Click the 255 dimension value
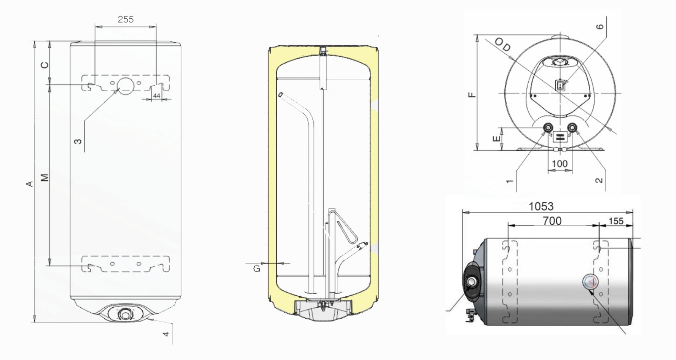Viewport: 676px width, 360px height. [126, 19]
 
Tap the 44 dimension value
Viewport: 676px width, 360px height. [156, 96]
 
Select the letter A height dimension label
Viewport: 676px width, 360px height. [29, 183]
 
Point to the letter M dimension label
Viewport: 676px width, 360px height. [45, 177]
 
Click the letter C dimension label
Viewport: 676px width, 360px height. [45, 65]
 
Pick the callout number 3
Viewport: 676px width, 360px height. [78, 141]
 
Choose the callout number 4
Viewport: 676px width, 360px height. [166, 334]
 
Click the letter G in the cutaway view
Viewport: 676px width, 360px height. [257, 269]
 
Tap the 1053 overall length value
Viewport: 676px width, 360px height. [541, 206]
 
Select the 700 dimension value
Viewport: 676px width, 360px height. [552, 221]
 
